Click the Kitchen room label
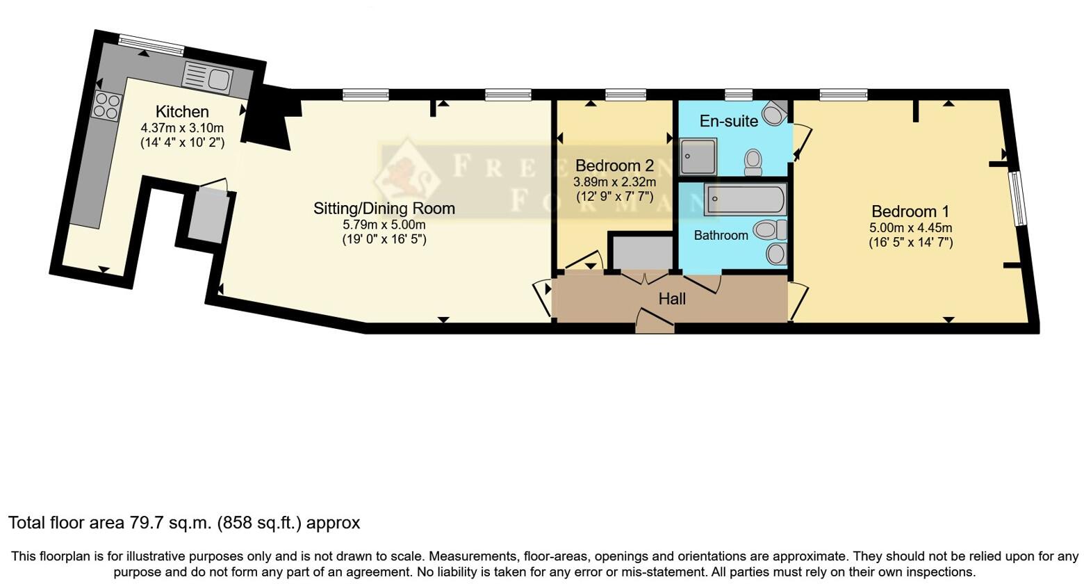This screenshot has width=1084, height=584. coord(181,111)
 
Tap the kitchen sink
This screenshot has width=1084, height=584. coord(209,77)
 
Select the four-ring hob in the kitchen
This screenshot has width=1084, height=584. coord(106,106)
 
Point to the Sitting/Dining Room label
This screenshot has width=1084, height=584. coord(384,208)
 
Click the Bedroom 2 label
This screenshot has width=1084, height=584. coord(614,165)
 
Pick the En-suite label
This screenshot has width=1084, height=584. coord(728,121)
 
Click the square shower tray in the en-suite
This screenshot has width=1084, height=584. coord(698,156)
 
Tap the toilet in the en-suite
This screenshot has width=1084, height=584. coord(753,161)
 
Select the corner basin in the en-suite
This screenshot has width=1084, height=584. coord(775,111)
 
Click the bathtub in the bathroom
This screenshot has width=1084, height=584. coord(745,200)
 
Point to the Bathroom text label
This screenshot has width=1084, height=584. coord(721,235)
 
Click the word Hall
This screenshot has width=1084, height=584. coord(672,299)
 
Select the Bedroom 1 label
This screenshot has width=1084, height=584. coord(910,211)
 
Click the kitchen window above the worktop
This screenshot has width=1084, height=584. coord(151,44)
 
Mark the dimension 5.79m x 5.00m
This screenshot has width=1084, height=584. coord(384,225)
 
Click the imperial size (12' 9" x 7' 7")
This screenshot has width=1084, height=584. coord(614,197)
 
